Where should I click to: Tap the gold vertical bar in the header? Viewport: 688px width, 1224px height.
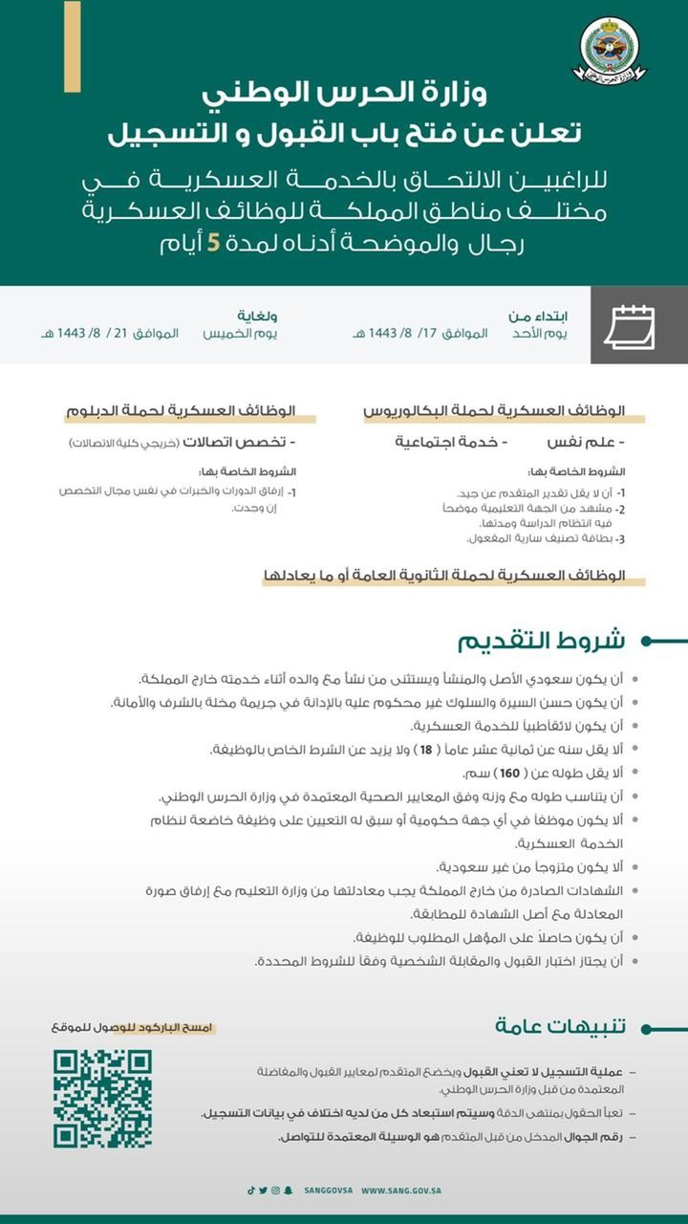tap(72, 46)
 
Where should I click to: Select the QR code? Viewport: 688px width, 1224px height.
tap(102, 1098)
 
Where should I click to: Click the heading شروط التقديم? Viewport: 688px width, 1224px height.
tap(541, 641)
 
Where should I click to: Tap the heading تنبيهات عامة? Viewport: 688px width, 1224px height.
tap(561, 1026)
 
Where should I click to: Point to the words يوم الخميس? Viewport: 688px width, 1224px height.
tap(240, 334)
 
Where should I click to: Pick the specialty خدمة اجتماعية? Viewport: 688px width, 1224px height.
tap(452, 443)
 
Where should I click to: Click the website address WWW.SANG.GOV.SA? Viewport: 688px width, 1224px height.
tap(400, 1191)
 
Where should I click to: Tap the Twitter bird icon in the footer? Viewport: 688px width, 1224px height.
tap(264, 1191)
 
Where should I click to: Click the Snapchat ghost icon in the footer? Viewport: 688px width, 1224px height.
tap(288, 1191)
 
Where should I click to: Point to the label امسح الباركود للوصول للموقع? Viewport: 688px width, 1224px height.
tap(134, 1028)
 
